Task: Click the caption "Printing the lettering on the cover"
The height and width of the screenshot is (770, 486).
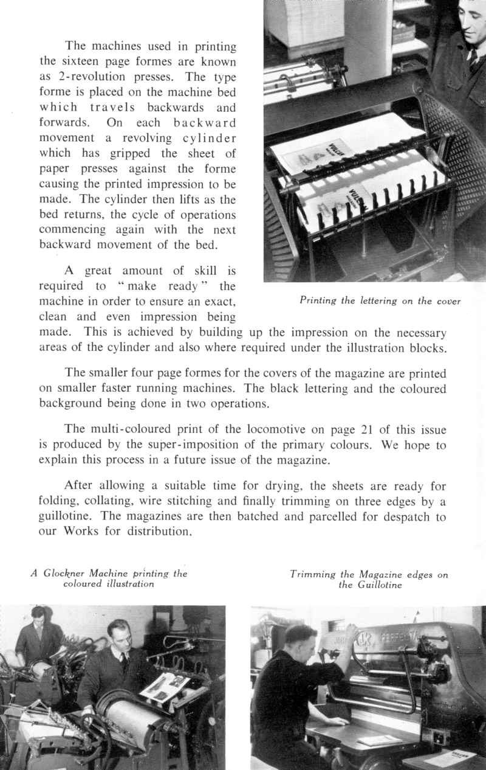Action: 380,300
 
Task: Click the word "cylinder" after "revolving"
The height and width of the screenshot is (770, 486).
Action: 207,137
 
